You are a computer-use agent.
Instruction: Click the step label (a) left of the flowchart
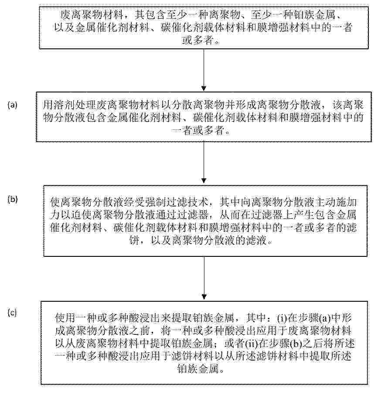(x=13, y=105)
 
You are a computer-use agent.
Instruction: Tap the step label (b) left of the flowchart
(x=13, y=199)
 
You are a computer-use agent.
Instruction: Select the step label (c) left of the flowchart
(x=12, y=313)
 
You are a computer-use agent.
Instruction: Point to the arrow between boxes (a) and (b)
(x=204, y=163)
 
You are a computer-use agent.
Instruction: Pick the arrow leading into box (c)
(x=204, y=278)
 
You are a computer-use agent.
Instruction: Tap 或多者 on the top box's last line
(x=197, y=40)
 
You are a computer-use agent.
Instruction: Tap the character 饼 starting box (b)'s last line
(x=134, y=241)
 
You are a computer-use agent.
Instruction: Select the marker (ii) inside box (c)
(x=252, y=343)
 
